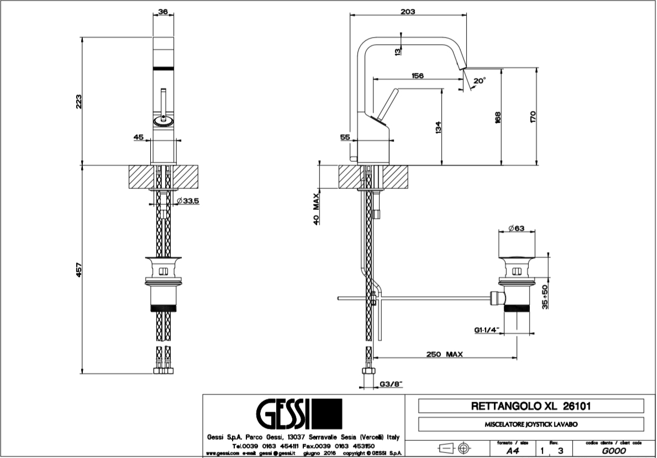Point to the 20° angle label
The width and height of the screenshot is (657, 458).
click(480, 81)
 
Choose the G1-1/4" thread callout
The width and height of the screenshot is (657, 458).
click(486, 330)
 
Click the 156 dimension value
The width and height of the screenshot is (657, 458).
click(417, 76)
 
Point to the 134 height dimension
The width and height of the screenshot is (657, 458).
click(438, 128)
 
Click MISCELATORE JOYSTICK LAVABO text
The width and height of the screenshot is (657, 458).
click(530, 424)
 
